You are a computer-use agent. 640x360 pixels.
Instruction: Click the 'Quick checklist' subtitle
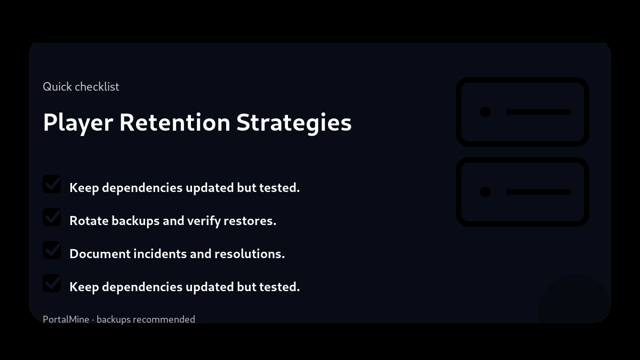81,86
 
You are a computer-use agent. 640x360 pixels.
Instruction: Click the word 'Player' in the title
78,122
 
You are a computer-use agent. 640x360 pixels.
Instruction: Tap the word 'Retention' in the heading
174,122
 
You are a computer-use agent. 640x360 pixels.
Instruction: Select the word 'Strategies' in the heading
294,122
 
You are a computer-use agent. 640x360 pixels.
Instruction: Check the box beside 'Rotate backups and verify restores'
52,217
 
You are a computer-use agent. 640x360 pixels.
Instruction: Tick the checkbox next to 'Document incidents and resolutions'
52,250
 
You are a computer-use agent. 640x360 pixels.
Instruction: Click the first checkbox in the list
52,184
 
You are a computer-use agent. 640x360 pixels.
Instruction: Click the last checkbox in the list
52,283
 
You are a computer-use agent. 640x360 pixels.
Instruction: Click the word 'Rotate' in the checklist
89,221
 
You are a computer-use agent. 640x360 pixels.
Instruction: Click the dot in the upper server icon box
485,112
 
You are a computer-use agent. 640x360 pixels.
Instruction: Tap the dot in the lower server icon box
485,192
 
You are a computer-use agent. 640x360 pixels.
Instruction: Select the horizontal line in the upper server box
538,112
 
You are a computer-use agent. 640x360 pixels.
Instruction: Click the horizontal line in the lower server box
538,192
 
